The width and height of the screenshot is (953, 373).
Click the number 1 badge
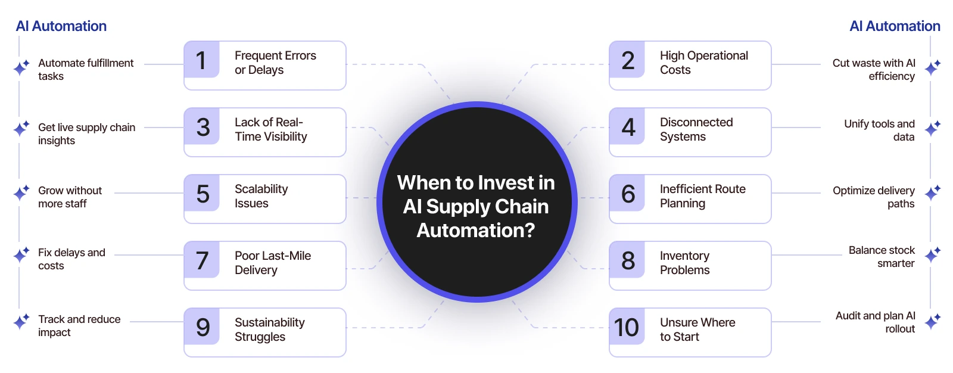(202, 60)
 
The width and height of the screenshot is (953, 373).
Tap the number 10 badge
(627, 327)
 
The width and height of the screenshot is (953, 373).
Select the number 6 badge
(627, 193)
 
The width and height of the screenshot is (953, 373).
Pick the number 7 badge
(202, 260)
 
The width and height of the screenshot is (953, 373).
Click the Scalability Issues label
(261, 196)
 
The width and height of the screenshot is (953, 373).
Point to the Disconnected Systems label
(696, 129)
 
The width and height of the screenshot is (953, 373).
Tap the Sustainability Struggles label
(270, 329)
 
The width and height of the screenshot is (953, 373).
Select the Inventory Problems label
(684, 263)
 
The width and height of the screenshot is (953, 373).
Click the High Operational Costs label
(703, 63)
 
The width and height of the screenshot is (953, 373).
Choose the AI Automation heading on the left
(61, 26)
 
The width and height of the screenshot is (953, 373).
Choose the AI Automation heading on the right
(895, 26)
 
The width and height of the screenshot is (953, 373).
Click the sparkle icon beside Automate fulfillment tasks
(21, 67)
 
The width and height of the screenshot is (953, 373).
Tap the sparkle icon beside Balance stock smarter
(932, 254)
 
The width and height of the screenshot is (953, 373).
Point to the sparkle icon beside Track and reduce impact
(21, 322)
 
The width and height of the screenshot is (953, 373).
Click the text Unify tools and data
(879, 130)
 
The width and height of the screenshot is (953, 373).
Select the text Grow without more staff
(70, 197)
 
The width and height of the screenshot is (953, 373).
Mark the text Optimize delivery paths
(873, 197)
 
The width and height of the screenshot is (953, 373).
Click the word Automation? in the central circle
(476, 231)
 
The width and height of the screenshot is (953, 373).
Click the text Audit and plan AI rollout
(875, 322)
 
